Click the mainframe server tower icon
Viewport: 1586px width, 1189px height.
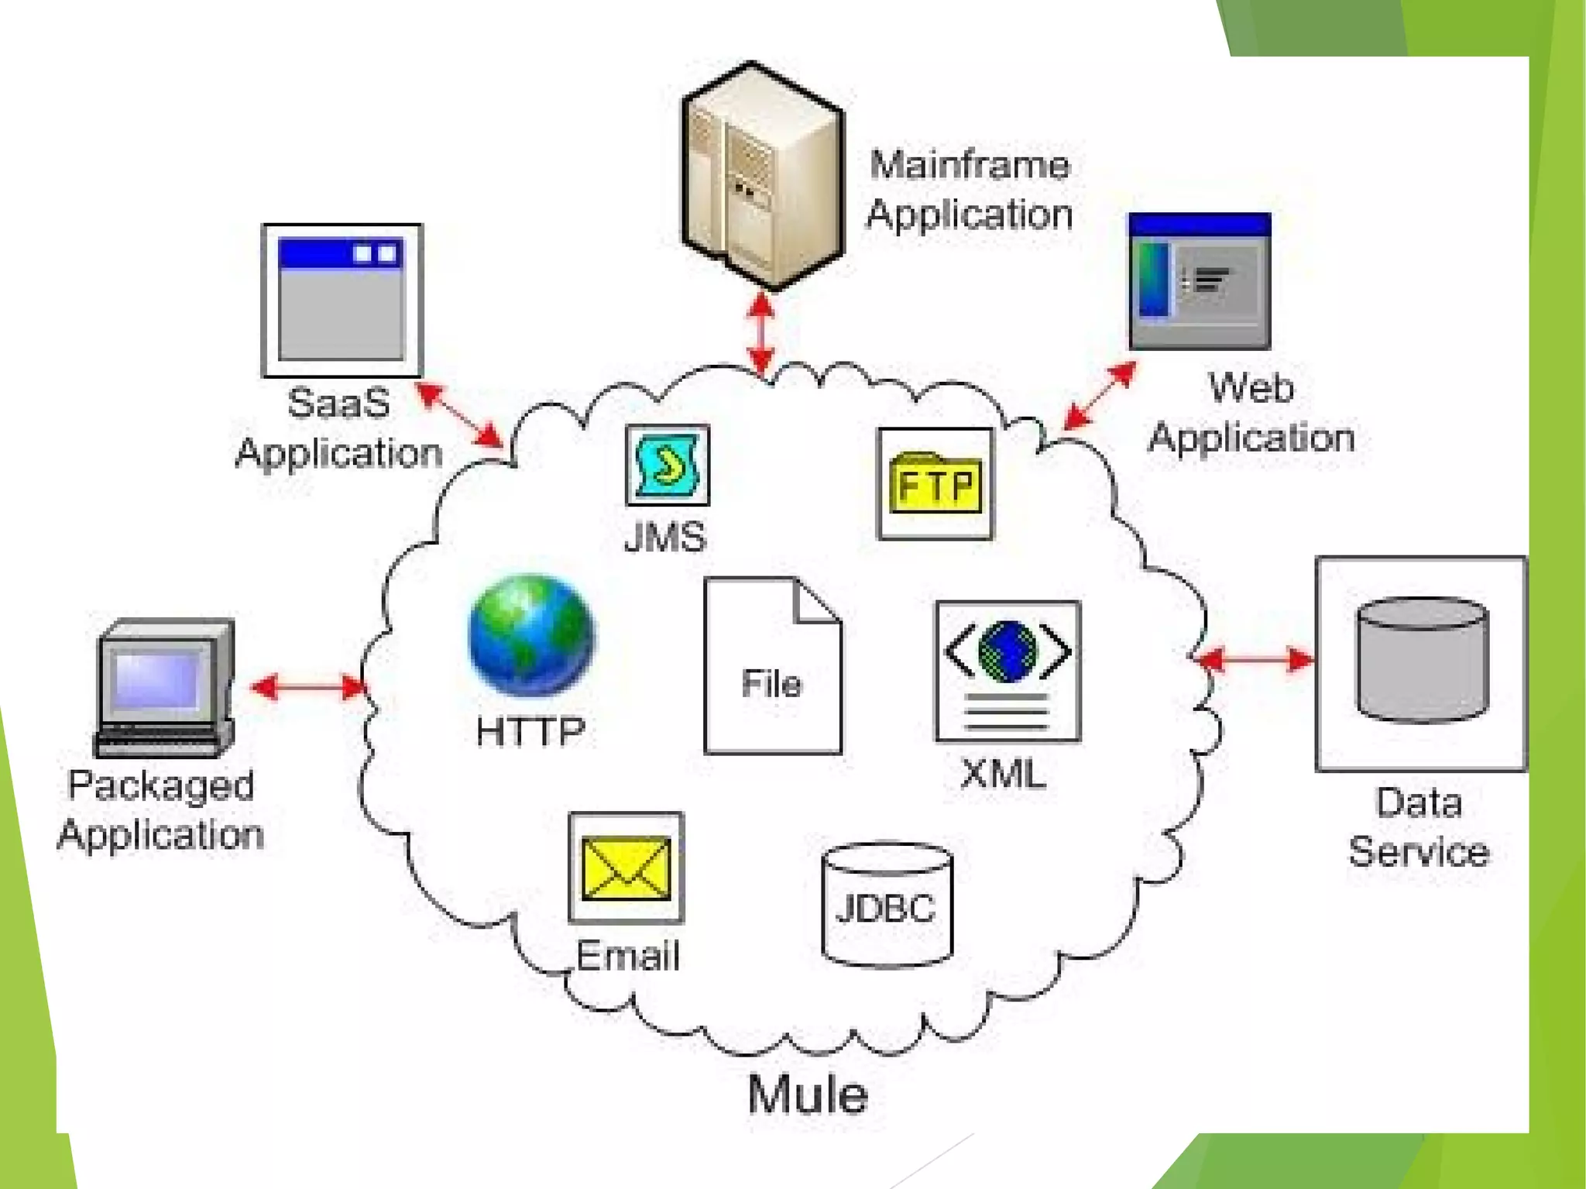click(762, 177)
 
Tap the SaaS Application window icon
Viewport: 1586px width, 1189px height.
click(342, 301)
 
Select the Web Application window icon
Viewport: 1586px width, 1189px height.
click(1200, 280)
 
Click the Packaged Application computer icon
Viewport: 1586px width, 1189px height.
click(165, 686)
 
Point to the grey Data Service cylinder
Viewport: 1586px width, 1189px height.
click(1422, 659)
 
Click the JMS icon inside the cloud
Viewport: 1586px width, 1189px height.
click(667, 465)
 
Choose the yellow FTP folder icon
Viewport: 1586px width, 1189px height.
click(935, 484)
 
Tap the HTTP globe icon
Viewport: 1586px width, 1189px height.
click(531, 635)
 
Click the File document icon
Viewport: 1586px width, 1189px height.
click(772, 666)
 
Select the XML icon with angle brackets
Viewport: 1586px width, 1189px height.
click(1008, 671)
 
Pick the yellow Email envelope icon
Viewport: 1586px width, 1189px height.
click(626, 868)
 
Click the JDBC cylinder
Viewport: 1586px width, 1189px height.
click(887, 905)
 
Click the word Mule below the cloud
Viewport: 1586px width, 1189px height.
click(808, 1094)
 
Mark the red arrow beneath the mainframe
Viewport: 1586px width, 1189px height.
click(762, 333)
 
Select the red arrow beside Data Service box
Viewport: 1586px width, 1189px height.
click(1255, 660)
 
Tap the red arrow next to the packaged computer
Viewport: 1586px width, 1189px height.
click(308, 687)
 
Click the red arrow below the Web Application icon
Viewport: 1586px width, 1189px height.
click(1099, 396)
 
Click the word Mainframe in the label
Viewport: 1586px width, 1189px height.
click(969, 165)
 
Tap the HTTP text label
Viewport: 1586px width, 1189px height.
click(531, 731)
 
